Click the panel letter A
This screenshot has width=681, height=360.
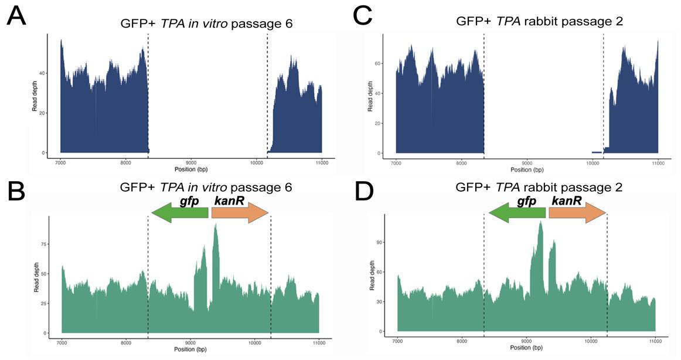(16, 16)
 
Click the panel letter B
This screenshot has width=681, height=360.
(16, 191)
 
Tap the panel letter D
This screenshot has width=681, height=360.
(363, 191)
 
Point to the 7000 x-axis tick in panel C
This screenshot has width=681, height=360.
(396, 164)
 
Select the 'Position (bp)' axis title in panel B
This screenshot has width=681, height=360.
(190, 349)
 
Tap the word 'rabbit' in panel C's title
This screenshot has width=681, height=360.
(542, 24)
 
